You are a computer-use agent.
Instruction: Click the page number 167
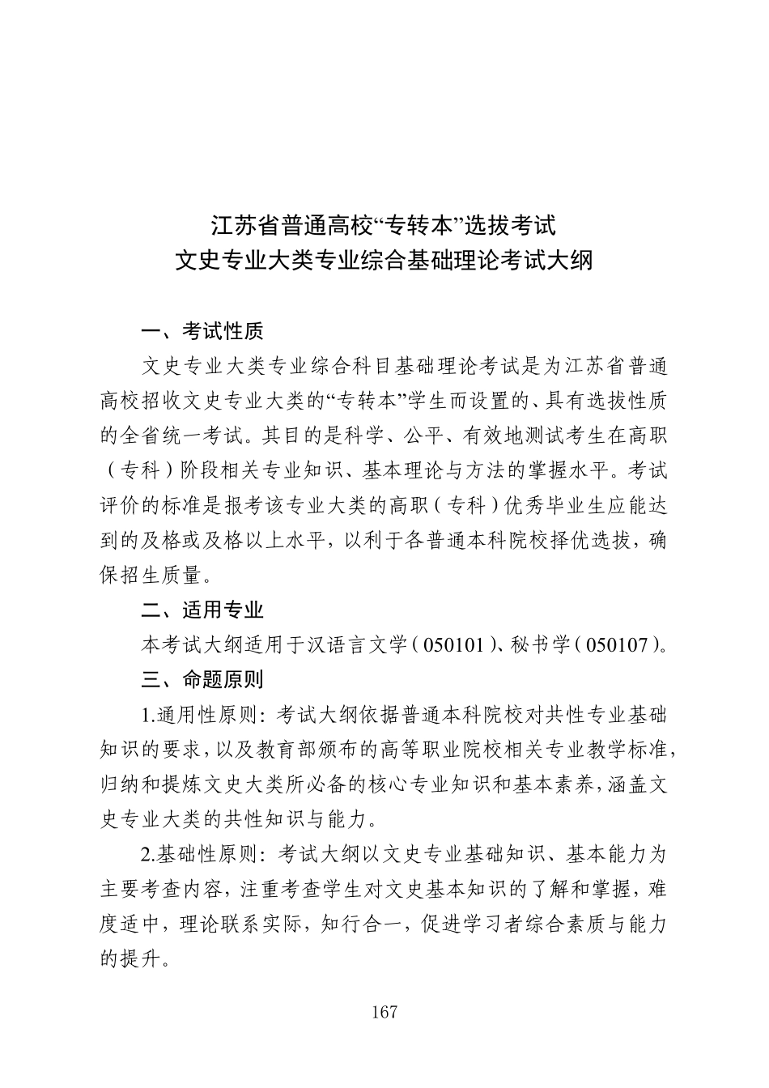384,1012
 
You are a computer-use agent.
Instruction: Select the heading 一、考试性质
202,331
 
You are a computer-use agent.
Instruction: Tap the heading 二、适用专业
202,610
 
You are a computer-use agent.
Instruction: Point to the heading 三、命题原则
202,679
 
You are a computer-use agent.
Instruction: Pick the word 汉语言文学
355,645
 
